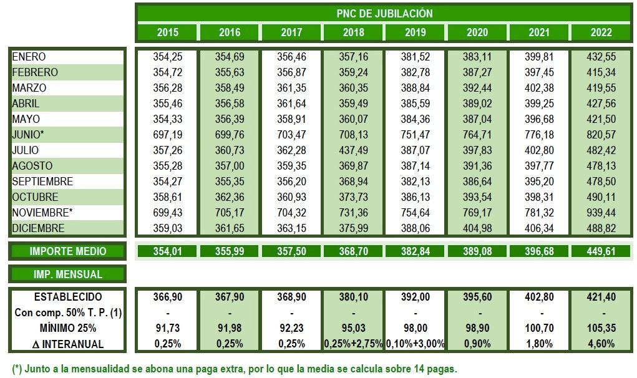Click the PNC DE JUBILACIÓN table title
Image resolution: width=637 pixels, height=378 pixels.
384,13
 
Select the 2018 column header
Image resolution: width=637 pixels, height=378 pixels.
353,32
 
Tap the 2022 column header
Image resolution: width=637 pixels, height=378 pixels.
601,32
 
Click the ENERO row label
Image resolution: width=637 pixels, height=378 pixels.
29,57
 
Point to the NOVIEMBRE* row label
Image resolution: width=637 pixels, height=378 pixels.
39,213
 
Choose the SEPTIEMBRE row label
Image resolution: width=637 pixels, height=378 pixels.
42,182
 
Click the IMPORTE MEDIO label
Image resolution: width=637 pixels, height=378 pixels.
68,251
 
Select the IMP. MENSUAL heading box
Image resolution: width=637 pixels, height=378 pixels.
68,274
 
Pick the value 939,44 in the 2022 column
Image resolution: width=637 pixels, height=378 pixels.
601,213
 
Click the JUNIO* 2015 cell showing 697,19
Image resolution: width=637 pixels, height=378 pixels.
167,135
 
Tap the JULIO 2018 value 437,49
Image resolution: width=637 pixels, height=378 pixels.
353,150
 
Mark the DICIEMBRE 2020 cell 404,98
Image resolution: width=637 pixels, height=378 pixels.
477,228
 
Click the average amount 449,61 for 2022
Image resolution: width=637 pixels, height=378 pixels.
601,251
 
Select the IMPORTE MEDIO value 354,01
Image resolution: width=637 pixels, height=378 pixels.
167,251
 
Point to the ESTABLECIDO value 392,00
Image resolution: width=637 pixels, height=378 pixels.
416,297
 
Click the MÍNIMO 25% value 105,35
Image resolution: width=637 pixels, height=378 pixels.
601,328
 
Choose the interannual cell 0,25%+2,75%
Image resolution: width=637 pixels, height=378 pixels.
353,344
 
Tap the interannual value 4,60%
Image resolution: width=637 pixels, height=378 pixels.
601,344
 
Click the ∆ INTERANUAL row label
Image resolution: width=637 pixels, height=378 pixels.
68,344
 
